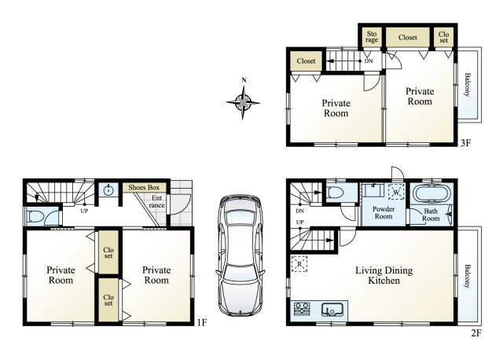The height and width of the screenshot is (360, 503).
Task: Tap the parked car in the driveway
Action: (x=240, y=255)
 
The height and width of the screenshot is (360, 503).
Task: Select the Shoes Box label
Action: (x=144, y=187)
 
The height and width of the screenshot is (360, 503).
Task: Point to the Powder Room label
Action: (x=384, y=212)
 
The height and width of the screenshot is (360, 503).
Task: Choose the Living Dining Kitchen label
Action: (x=384, y=275)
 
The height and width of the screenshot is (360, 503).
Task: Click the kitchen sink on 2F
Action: (x=332, y=310)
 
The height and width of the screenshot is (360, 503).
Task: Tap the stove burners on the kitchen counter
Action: (x=302, y=309)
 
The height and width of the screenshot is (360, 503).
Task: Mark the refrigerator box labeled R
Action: (x=299, y=264)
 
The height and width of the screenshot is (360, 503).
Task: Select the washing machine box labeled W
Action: (x=396, y=193)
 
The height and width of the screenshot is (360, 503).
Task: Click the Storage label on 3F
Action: (x=372, y=37)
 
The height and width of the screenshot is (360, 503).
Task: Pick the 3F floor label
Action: (x=465, y=143)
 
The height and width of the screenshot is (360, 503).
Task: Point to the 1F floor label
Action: (x=202, y=322)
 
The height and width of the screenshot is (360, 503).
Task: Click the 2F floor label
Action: (x=476, y=333)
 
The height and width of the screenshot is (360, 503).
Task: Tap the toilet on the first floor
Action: (x=35, y=217)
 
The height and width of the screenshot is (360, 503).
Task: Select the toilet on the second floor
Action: (x=336, y=193)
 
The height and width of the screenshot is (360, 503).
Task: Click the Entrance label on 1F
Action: (x=157, y=201)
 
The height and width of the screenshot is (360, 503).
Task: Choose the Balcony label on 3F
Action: (x=468, y=85)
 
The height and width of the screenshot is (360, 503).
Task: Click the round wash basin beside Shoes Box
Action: (x=109, y=190)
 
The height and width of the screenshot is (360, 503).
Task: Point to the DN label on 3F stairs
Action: (x=369, y=61)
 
